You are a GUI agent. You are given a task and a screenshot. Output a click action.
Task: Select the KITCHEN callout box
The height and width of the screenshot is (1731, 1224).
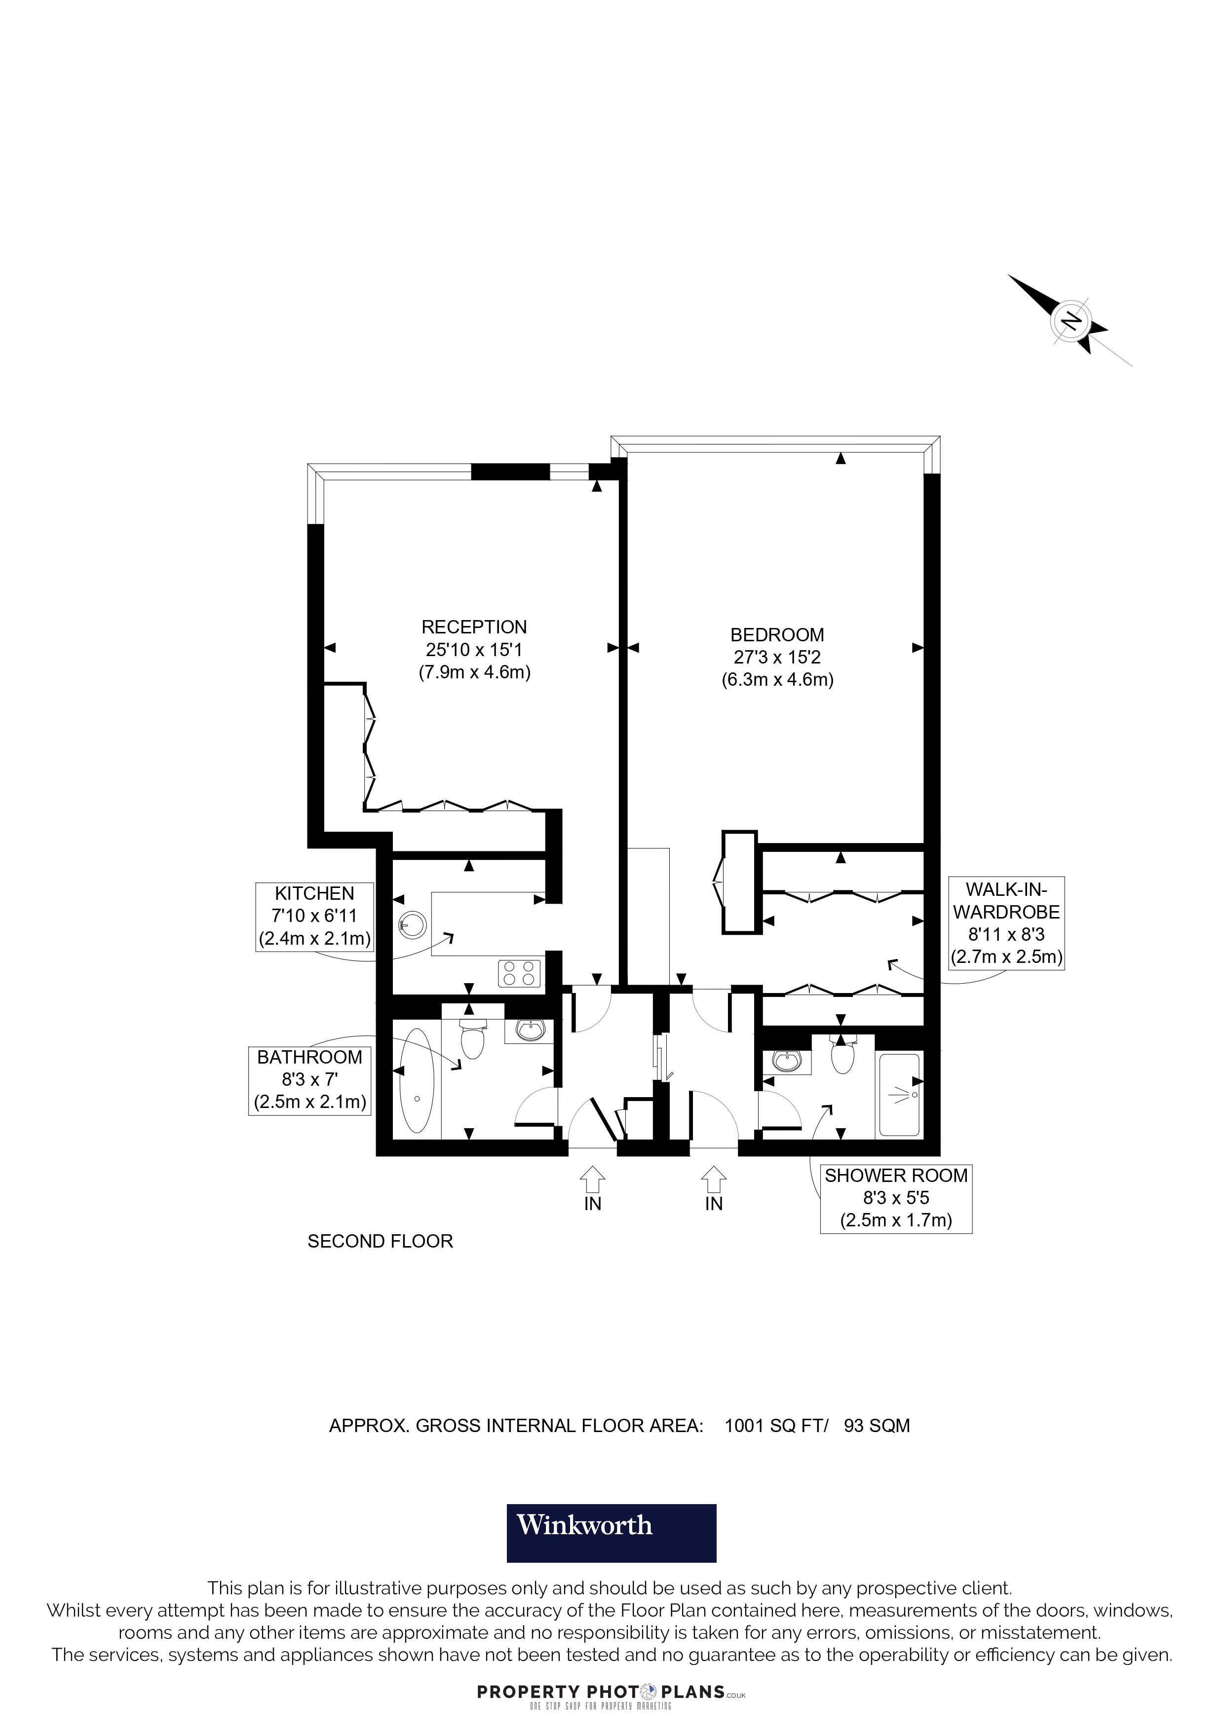click(314, 916)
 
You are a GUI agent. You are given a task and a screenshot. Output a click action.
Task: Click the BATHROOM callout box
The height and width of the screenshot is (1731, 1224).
click(310, 1080)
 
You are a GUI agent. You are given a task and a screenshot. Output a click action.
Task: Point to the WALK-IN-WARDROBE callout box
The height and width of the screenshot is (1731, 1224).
click(1006, 923)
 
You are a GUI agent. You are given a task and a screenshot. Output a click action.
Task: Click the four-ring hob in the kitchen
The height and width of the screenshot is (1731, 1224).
click(520, 973)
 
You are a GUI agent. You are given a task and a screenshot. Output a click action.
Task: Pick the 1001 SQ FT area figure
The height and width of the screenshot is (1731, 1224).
click(775, 1426)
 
